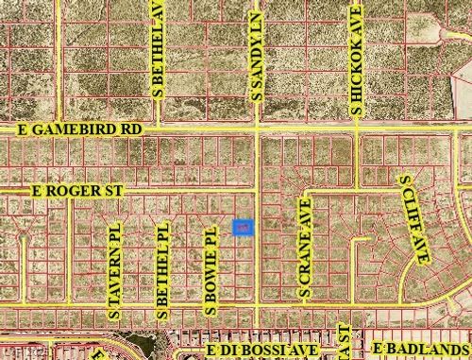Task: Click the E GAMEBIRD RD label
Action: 78,128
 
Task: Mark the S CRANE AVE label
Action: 305,248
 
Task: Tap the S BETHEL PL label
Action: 163,268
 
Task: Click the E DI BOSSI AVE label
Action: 265,351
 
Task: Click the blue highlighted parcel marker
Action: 243,228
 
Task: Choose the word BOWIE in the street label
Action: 211,265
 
